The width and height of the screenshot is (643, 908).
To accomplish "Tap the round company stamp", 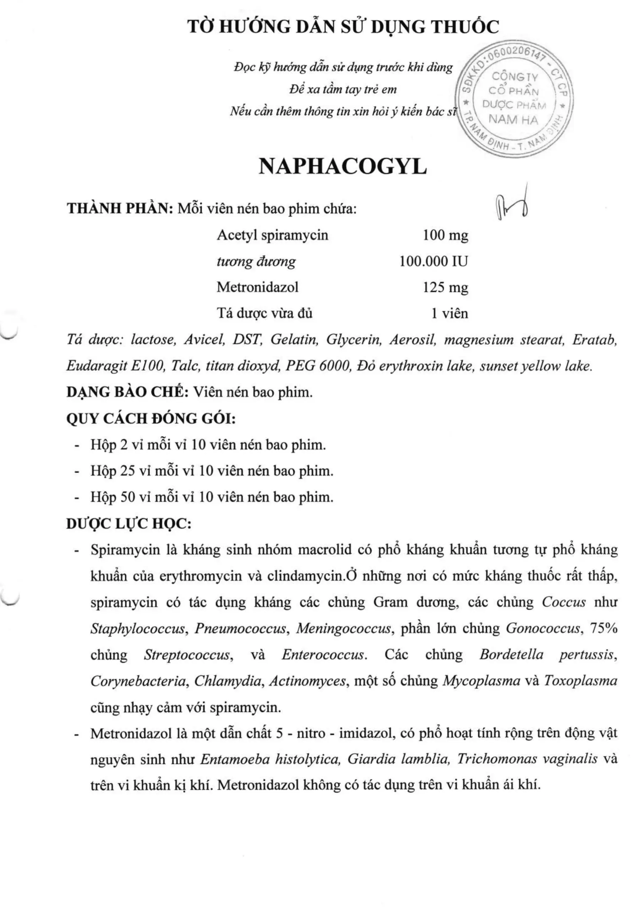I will (x=515, y=99).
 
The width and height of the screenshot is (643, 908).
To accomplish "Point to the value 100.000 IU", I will (x=433, y=261).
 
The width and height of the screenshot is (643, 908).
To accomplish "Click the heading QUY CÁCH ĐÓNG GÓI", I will (x=151, y=419).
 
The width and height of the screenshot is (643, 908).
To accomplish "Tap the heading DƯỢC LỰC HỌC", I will (x=129, y=524).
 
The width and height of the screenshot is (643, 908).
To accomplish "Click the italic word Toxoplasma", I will (x=581, y=681).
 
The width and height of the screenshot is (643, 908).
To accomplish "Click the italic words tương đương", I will (x=256, y=261).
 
